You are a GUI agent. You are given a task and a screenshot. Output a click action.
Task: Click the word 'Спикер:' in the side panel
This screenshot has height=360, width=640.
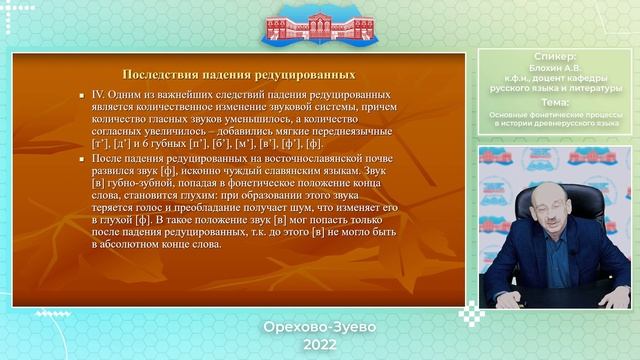tap(556, 57)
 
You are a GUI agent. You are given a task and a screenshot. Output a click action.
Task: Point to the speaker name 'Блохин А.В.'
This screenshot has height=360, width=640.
tap(556, 69)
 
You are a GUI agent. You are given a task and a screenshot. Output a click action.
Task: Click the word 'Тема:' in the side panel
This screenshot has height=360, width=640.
tap(556, 103)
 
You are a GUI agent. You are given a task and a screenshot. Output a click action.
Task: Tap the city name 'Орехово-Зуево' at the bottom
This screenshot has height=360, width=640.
tap(319, 328)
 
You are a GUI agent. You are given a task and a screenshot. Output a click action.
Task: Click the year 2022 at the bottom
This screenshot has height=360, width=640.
tap(319, 343)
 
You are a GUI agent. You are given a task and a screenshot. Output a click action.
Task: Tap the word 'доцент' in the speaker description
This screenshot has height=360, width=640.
tap(553, 80)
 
